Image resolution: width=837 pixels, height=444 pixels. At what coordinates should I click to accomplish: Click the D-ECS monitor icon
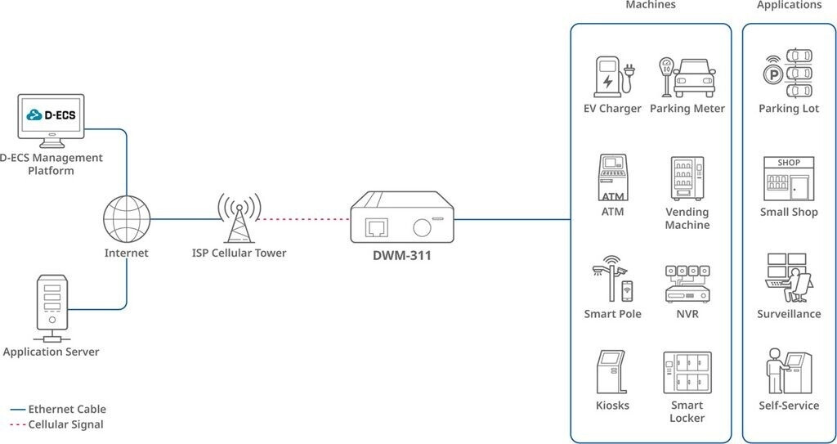[51, 121]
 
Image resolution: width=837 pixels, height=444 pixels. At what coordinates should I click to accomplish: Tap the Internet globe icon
[127, 219]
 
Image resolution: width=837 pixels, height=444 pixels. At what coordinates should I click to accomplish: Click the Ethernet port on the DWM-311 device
[378, 227]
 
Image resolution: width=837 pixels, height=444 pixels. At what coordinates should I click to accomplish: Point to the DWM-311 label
[401, 255]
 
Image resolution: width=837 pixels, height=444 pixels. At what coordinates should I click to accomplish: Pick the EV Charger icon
[612, 76]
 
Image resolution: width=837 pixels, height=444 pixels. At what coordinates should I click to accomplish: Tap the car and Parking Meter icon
[687, 76]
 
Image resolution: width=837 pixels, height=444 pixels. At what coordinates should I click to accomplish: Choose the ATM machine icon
[612, 177]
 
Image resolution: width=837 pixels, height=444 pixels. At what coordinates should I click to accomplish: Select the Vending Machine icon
[687, 178]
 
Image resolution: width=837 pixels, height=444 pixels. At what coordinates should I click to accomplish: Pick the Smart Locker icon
[687, 373]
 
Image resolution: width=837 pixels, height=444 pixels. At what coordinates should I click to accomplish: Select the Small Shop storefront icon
[789, 178]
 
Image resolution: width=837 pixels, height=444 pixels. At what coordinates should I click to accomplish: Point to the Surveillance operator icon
[789, 278]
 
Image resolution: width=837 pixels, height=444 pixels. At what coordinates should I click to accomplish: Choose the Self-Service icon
[789, 372]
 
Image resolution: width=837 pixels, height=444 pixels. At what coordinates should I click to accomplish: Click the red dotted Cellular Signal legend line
[18, 425]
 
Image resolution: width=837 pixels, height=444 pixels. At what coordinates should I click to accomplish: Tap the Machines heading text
[650, 5]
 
